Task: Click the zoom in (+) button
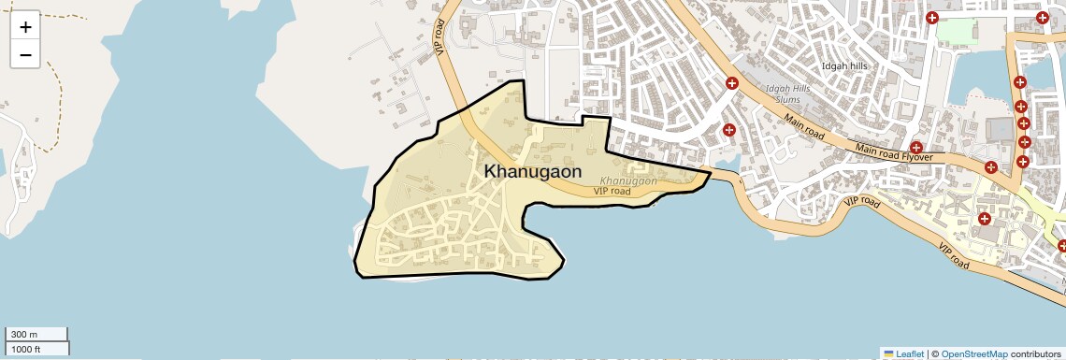25,26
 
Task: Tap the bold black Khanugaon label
533,172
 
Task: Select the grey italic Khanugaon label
628,180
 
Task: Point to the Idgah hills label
844,66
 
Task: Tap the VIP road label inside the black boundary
612,191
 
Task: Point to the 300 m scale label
23,335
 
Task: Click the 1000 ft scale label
25,349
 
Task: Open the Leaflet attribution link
910,353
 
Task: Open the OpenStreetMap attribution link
974,353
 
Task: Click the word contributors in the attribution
1035,353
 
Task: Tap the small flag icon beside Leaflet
888,353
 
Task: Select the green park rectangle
956,31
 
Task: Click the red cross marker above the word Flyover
916,147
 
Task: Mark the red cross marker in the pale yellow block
984,218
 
